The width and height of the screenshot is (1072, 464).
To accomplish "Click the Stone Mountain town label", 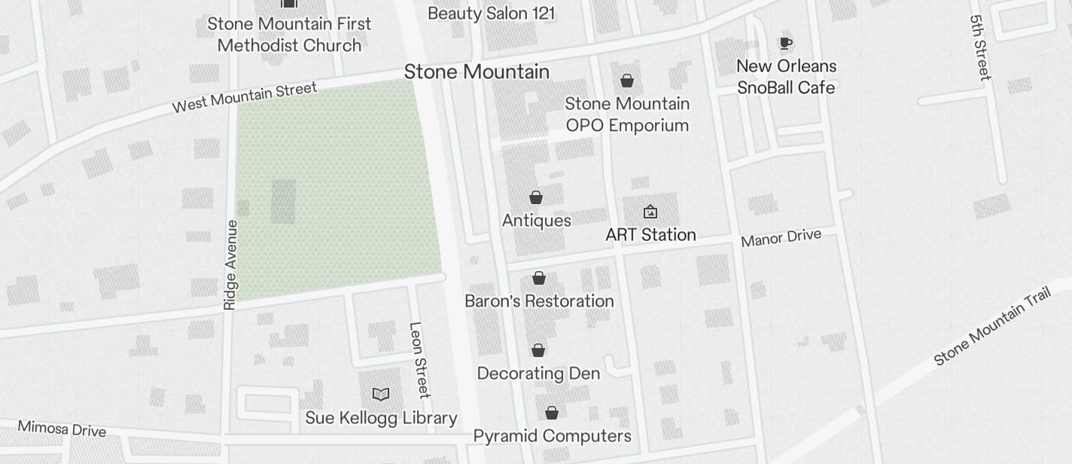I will [477, 72].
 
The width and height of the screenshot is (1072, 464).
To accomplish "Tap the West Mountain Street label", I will [245, 98].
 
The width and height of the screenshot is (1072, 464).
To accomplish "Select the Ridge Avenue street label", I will [230, 264].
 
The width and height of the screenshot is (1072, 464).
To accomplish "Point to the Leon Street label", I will [419, 359].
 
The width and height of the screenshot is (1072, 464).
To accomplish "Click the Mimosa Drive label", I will [62, 429].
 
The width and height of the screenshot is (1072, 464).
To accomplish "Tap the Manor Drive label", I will [781, 239].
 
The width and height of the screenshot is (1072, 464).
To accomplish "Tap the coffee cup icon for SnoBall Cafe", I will [786, 44].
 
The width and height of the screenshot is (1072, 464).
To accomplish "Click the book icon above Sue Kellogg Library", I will [381, 394].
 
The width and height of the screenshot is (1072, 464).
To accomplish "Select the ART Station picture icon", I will [650, 212].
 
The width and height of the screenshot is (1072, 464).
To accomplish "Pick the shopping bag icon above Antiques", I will [536, 197].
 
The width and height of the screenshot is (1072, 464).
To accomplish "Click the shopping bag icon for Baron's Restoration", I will [539, 278].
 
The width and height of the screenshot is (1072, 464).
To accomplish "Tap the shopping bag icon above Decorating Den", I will [538, 350].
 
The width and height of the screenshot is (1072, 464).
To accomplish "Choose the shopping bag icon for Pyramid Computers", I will [552, 413].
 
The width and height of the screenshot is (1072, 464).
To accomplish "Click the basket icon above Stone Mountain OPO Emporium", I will [627, 81].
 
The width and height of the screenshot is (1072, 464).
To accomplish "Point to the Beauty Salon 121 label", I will [491, 14].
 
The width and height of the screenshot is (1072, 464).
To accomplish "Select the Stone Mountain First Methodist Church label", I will [289, 35].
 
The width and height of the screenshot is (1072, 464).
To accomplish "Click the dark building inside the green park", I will [283, 201].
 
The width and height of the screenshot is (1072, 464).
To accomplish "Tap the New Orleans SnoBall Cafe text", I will [786, 77].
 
